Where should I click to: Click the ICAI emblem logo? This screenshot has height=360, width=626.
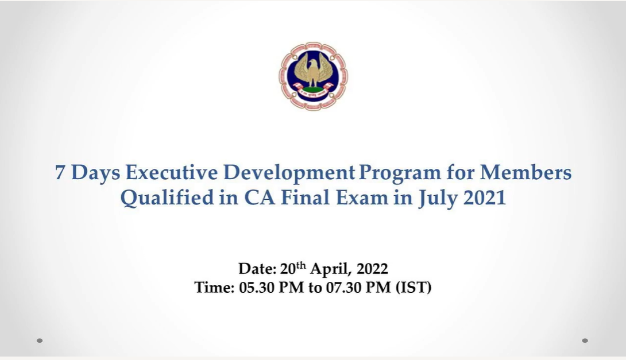(313, 76)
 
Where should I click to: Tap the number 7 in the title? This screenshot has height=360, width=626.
(60, 173)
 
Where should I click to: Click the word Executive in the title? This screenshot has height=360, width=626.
(172, 172)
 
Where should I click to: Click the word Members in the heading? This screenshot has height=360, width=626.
(525, 172)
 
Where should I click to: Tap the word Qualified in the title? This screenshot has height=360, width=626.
(167, 198)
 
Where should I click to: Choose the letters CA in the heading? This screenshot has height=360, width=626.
(260, 198)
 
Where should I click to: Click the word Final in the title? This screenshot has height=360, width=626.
(305, 198)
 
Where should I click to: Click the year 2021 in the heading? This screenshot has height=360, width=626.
(485, 198)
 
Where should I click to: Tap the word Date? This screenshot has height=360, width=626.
(257, 269)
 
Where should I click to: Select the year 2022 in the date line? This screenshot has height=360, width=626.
(372, 269)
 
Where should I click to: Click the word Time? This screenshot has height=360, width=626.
(214, 287)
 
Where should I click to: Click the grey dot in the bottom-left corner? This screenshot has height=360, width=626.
(40, 340)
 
